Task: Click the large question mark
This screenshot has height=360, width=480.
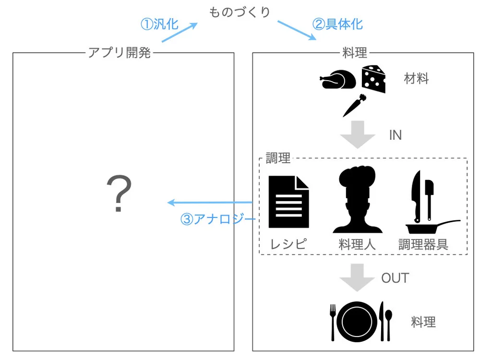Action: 119,193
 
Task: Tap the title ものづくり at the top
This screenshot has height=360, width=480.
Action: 240,12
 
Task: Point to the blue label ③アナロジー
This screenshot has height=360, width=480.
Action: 217,219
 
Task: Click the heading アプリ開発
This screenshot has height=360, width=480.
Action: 119,53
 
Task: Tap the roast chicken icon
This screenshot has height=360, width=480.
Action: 338,80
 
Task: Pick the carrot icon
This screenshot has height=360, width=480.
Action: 355,106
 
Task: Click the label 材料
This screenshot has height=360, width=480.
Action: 416,79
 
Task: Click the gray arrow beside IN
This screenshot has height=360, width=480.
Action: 358,134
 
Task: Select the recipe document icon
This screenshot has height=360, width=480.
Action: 288,202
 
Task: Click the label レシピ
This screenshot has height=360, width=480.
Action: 288,244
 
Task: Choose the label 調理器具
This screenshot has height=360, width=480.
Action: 423,244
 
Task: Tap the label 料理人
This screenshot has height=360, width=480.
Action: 357,244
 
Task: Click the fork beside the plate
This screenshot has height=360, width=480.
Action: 333,322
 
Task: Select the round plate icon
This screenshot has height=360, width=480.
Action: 357,321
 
